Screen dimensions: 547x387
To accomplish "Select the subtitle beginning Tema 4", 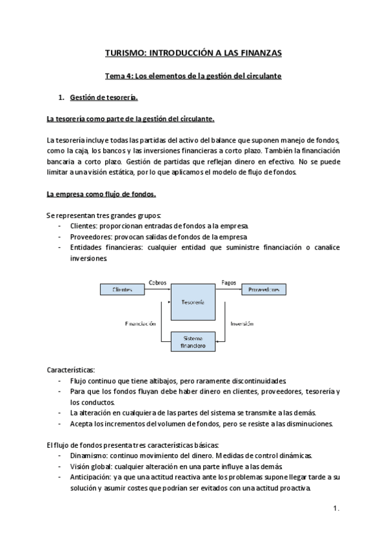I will point(193,75).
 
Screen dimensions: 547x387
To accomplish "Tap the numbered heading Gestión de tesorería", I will point(103,97).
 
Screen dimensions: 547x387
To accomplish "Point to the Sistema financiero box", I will point(193,341).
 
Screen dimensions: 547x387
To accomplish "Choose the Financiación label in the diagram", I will point(141,324).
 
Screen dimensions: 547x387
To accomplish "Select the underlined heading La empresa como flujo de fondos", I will point(101,194).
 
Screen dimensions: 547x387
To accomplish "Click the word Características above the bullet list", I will point(72,370).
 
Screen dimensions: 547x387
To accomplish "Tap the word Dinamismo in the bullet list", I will point(90,455).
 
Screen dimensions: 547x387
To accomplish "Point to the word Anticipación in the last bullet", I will point(91,477).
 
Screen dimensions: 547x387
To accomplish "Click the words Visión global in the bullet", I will point(91,466).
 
